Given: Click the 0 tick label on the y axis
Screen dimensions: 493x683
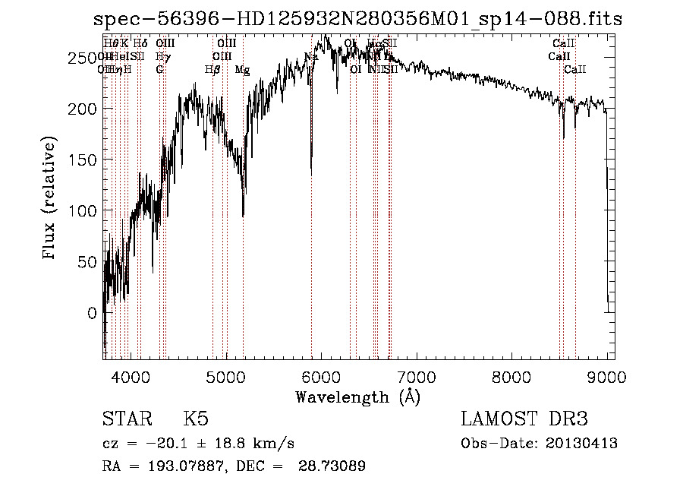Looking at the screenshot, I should tap(92, 313).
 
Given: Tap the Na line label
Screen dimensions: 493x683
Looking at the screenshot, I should tap(311, 57).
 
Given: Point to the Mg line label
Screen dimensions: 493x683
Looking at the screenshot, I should tap(242, 70).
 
